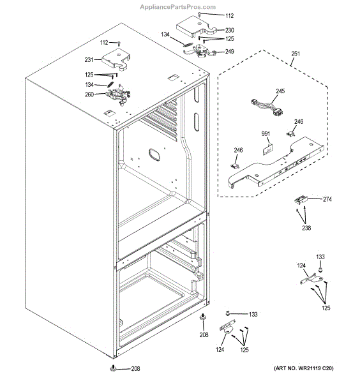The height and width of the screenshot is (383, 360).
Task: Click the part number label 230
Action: (230, 30)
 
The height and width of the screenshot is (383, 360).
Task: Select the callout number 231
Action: (89, 60)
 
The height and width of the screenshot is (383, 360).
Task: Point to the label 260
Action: (89, 95)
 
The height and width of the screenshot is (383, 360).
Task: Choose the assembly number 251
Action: (294, 56)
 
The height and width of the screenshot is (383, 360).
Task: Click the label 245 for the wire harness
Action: (280, 91)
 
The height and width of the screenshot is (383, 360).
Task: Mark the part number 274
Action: (327, 200)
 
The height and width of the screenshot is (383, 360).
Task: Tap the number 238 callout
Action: (307, 227)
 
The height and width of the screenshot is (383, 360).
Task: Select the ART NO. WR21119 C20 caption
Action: (303, 370)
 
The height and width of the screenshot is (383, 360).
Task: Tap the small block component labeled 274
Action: (299, 202)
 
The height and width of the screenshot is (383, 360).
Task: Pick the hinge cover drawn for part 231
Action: (115, 57)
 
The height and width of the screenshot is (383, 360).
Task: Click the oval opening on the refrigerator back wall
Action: (156, 153)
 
